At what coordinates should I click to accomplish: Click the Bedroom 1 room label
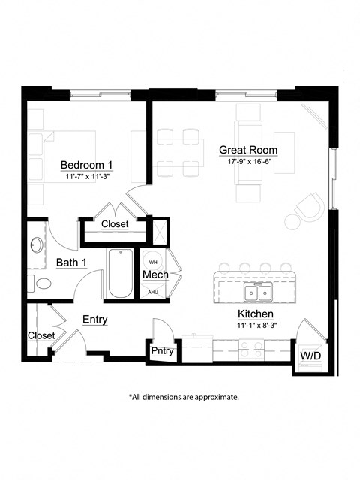click(86, 165)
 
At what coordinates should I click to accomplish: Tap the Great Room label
click(247, 149)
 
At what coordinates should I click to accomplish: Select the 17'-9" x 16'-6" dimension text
click(247, 161)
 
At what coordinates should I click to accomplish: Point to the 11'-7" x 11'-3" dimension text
click(86, 178)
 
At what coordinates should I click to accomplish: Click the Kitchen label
click(255, 313)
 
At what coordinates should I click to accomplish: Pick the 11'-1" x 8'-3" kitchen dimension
click(255, 325)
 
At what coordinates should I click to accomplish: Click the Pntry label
click(162, 350)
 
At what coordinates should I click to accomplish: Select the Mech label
click(154, 275)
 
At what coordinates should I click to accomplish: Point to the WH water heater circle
click(153, 261)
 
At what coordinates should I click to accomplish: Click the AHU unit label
click(153, 292)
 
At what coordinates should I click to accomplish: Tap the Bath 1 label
click(71, 262)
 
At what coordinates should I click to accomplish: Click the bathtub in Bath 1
click(120, 274)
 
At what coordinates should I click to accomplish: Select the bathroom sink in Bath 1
click(36, 245)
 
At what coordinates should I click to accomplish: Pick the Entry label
click(94, 319)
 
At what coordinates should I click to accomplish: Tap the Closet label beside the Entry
click(41, 335)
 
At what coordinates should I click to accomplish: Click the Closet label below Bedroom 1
click(115, 224)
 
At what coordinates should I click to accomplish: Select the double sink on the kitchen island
click(259, 291)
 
